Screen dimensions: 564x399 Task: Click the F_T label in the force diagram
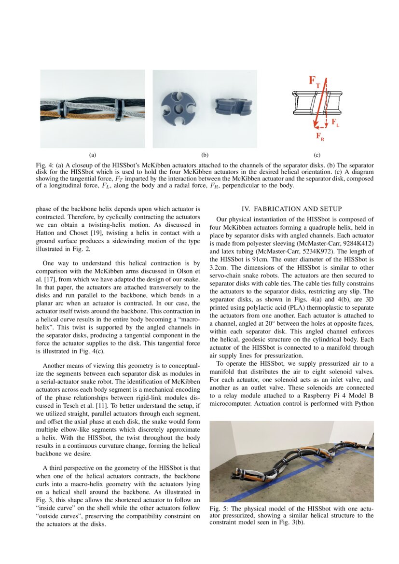[314, 82]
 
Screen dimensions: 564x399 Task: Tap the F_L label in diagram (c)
[335, 123]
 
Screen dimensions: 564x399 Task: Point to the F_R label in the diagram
[320, 137]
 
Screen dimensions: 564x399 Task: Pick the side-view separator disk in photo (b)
[231, 106]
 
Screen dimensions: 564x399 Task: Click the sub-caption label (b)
[205, 155]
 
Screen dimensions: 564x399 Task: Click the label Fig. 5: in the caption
[220, 509]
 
